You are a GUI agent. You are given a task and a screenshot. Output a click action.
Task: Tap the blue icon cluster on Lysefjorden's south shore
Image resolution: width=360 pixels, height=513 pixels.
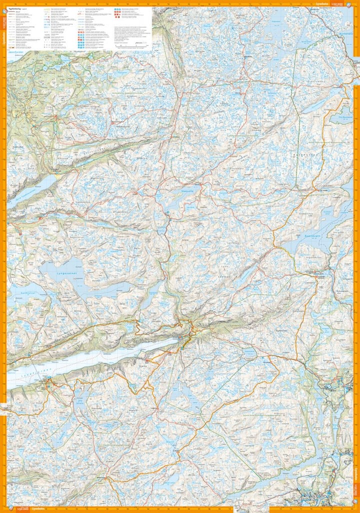[48, 384]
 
